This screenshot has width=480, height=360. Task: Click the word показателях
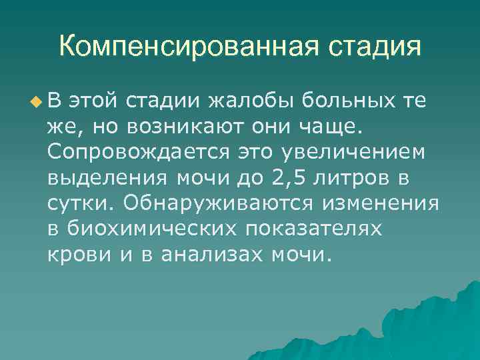[315, 229]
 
